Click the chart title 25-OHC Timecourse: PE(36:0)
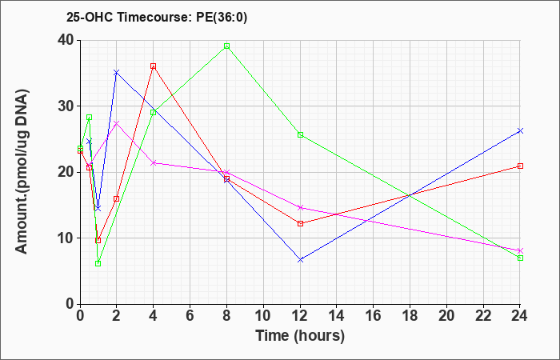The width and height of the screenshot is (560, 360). pyautogui.click(x=157, y=17)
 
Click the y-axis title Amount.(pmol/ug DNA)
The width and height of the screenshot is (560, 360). pyautogui.click(x=22, y=172)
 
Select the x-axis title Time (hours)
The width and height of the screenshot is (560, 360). pyautogui.click(x=300, y=336)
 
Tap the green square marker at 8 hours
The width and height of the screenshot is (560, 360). pyautogui.click(x=226, y=46)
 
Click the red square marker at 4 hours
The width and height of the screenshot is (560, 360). pyautogui.click(x=154, y=66)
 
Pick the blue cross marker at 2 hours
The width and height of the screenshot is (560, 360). pyautogui.click(x=116, y=73)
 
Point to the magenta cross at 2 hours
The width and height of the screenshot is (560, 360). pyautogui.click(x=116, y=123)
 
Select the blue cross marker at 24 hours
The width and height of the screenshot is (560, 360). pyautogui.click(x=520, y=131)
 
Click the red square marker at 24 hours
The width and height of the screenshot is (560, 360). pyautogui.click(x=520, y=166)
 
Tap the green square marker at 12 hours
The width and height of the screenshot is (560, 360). pyautogui.click(x=300, y=134)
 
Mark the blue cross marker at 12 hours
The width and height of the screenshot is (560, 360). pyautogui.click(x=300, y=260)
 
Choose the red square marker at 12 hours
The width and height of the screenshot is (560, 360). pyautogui.click(x=300, y=223)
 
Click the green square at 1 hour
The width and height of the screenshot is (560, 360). pyautogui.click(x=98, y=263)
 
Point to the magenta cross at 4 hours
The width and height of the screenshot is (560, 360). pyautogui.click(x=154, y=163)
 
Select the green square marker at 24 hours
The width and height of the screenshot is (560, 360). pyautogui.click(x=520, y=258)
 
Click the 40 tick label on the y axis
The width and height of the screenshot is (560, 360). pyautogui.click(x=66, y=40)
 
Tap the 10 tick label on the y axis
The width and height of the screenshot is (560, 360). pyautogui.click(x=66, y=238)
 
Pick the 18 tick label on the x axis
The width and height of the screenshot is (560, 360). pyautogui.click(x=410, y=316)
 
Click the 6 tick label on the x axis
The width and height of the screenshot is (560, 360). pyautogui.click(x=190, y=316)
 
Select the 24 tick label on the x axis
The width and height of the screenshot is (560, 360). pyautogui.click(x=519, y=316)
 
